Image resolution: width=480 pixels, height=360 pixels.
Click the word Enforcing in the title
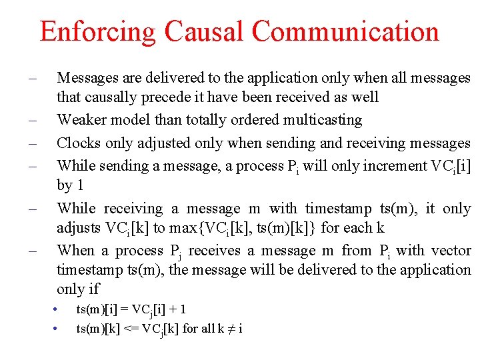[97, 31]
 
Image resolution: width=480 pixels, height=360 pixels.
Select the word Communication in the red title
[345, 31]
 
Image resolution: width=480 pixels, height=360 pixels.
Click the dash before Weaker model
[31, 121]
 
